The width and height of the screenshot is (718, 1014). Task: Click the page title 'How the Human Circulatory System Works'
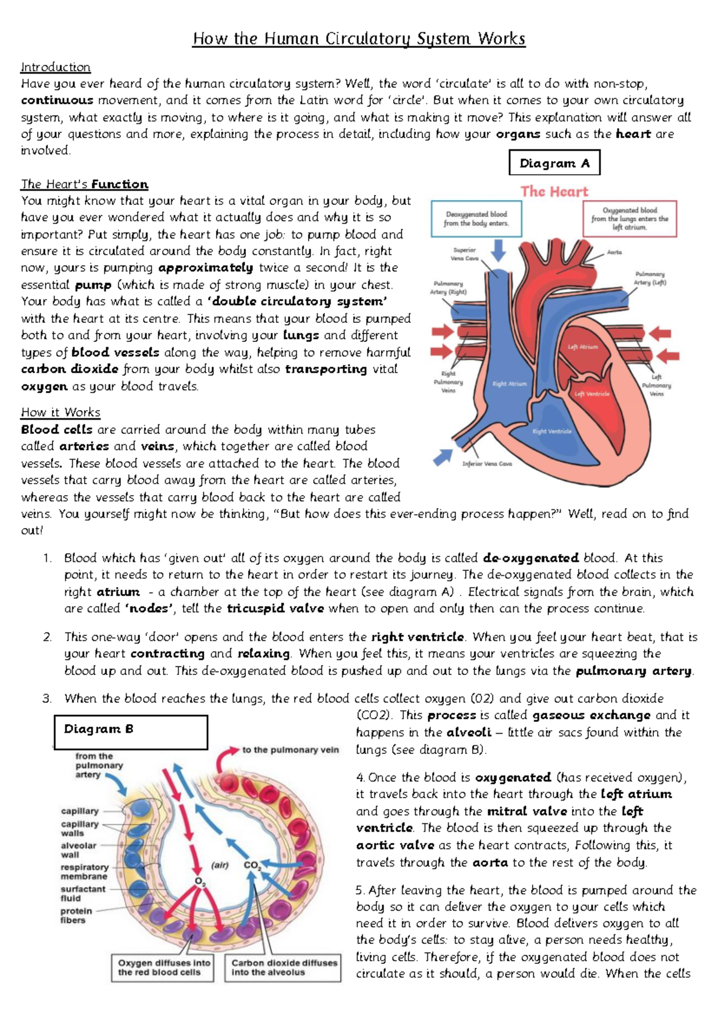[x=359, y=39]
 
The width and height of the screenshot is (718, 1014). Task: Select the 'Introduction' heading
[x=56, y=67]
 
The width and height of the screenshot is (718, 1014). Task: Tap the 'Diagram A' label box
[x=554, y=163]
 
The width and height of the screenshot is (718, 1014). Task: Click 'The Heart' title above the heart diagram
[x=554, y=191]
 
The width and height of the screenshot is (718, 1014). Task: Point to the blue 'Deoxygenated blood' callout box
[x=476, y=218]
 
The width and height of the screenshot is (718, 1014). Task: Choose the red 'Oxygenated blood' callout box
[x=629, y=219]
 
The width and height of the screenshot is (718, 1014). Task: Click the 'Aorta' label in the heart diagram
[x=614, y=252]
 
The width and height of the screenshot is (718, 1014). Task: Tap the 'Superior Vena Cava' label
[x=464, y=254]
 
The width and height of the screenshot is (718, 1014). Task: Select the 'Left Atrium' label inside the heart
[x=582, y=347]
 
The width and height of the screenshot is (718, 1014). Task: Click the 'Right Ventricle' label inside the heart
[x=552, y=431]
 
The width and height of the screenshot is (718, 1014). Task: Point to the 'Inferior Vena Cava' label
[x=487, y=463]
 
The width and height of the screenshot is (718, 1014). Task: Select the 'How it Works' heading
[x=60, y=412]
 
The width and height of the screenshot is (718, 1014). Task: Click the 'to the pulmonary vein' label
[x=290, y=750]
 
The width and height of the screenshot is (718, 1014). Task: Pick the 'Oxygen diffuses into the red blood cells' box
[x=163, y=967]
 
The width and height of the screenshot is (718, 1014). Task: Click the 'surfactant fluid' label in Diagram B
[x=83, y=893]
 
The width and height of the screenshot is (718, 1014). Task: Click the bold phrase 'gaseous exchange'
[x=591, y=715]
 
